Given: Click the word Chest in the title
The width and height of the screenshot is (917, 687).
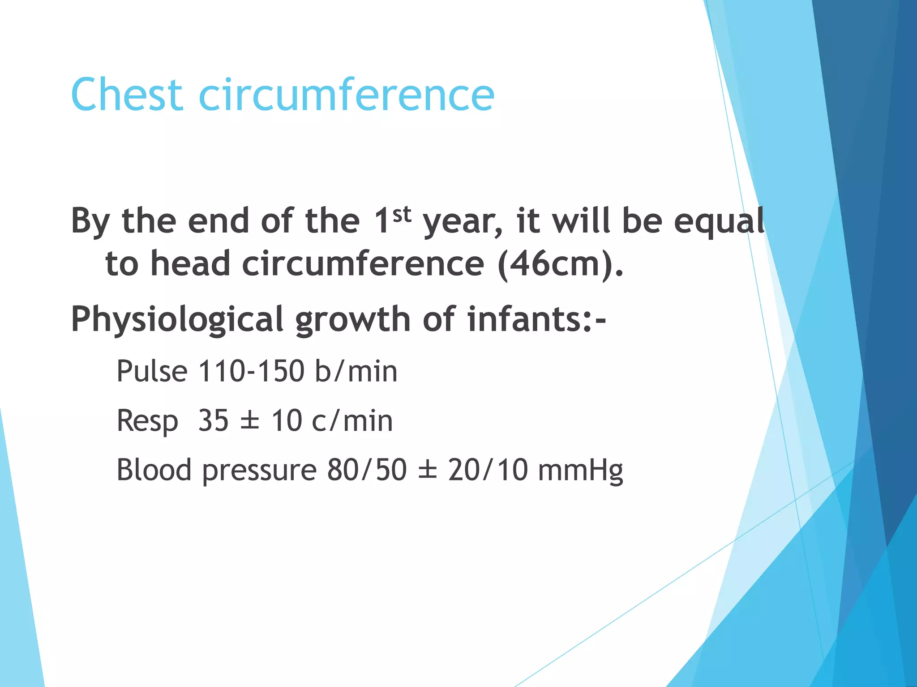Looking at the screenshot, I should click(x=127, y=95).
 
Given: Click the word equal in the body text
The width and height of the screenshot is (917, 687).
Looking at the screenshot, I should click(x=719, y=222).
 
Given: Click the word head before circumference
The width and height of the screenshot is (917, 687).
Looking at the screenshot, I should click(x=190, y=264).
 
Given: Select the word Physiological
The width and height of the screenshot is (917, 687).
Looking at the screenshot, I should click(x=177, y=320).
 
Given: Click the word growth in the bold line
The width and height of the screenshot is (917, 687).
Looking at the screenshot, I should click(x=353, y=320).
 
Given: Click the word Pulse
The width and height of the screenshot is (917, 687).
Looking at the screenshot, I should click(x=152, y=371).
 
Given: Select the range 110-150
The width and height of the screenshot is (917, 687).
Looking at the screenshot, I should click(x=251, y=371).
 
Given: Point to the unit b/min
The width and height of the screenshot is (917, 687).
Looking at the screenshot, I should click(x=356, y=371).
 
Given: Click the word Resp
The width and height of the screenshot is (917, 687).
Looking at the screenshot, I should click(x=147, y=422).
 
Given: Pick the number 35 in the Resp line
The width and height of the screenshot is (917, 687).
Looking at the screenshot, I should click(x=213, y=421).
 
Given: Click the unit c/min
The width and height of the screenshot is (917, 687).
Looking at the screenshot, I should click(x=352, y=421).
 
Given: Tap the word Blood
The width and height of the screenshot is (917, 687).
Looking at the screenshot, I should click(x=154, y=470).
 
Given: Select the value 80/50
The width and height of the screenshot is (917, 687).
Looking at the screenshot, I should click(x=367, y=470).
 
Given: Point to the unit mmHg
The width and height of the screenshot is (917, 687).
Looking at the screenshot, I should click(x=580, y=471).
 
